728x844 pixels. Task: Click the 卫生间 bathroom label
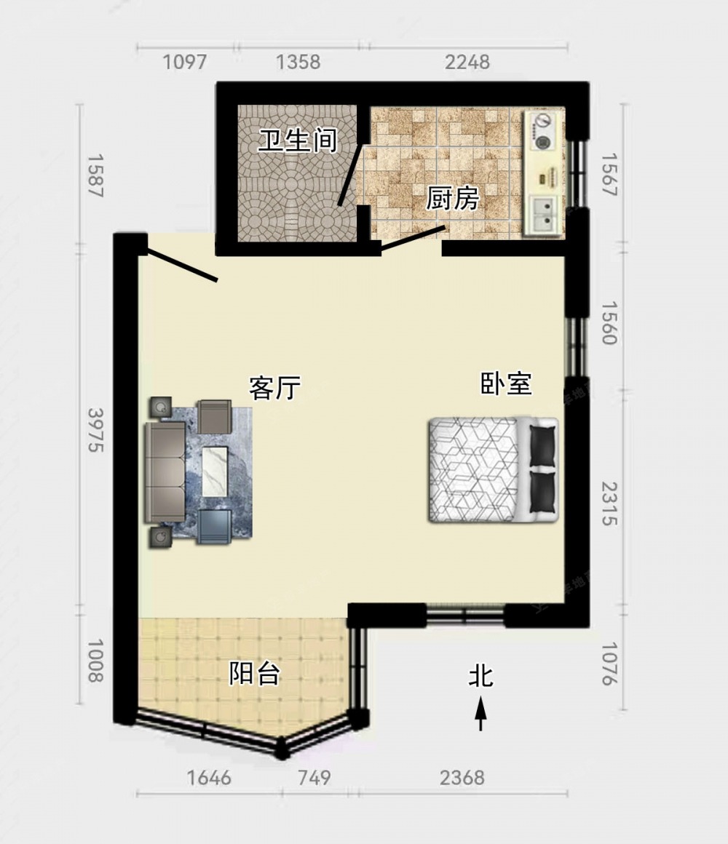click(297, 141)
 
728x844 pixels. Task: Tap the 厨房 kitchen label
click(453, 198)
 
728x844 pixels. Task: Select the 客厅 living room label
click(275, 388)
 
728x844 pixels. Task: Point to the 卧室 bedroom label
click(506, 383)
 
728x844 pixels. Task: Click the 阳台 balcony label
click(255, 673)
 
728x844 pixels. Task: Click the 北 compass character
click(481, 675)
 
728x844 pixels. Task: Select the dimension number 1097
click(185, 62)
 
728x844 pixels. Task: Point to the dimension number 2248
click(467, 62)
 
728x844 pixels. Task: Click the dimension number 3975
click(96, 430)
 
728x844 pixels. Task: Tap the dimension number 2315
click(609, 503)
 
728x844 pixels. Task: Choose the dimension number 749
click(314, 778)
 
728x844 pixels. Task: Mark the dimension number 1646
click(209, 778)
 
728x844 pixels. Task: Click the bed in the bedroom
click(494, 470)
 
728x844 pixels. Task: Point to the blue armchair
click(214, 526)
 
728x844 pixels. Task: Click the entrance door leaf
click(181, 265)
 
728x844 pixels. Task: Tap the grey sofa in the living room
click(165, 472)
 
